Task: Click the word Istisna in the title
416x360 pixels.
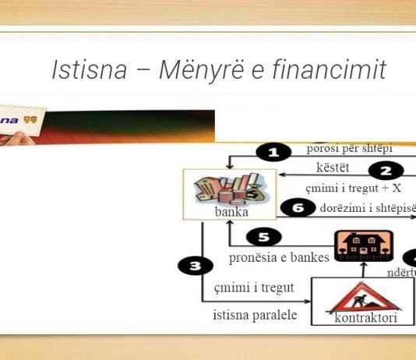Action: pos(87,70)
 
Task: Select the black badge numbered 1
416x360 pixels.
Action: pos(273,154)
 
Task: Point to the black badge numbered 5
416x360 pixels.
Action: pos(264,237)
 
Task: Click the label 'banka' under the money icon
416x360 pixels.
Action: pos(231,211)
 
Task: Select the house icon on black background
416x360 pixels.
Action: pos(362,246)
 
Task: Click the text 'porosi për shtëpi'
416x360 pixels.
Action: pos(350,148)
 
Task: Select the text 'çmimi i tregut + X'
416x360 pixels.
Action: pos(353,188)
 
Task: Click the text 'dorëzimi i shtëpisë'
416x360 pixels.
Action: pos(365,208)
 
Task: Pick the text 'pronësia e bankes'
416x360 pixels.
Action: pos(279,259)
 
